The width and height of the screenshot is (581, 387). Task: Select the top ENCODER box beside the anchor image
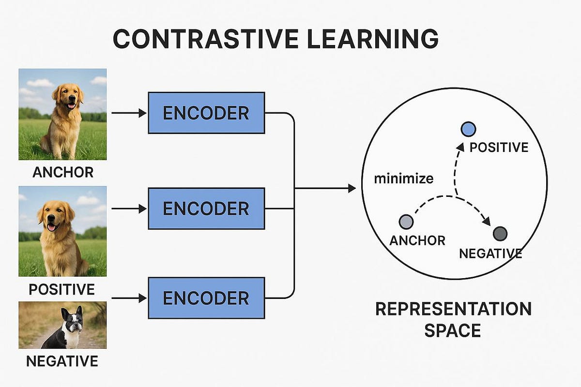(206, 113)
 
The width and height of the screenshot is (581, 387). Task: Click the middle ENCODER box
(206, 208)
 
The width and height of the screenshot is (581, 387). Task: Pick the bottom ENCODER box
(206, 298)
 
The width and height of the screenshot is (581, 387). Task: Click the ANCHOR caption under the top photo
(62, 173)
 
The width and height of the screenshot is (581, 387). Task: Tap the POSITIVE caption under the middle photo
(62, 289)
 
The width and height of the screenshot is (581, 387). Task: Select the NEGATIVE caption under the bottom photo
(62, 361)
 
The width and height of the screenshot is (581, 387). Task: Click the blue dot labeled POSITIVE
(468, 129)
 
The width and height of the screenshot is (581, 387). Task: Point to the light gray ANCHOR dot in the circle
(406, 222)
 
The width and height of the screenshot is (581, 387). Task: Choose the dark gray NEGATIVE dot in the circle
(500, 234)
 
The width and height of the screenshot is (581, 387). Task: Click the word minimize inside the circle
(403, 179)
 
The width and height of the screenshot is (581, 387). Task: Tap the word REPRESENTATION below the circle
(453, 309)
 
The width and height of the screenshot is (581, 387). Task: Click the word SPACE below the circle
(453, 331)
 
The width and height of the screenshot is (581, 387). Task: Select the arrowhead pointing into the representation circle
(352, 189)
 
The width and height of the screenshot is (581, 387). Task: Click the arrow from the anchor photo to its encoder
(128, 113)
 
